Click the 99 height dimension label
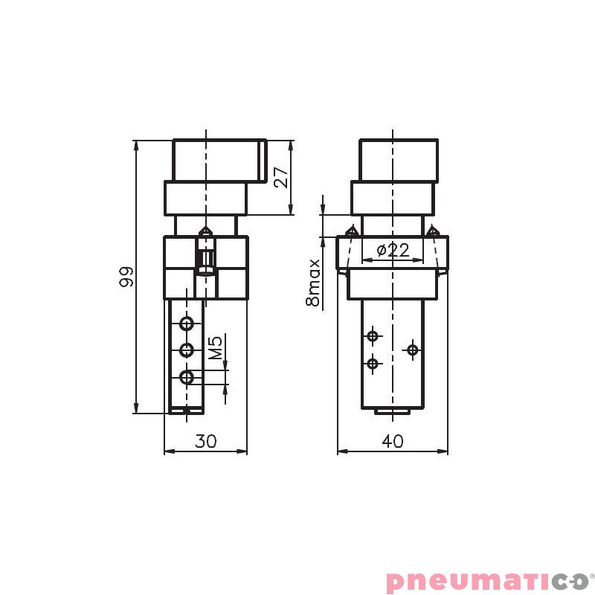point(126,276)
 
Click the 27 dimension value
point(280,177)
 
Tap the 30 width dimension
point(205,441)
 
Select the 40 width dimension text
point(392,441)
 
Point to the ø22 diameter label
point(393,251)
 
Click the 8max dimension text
point(313,283)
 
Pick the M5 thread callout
point(215,348)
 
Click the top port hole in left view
point(187,323)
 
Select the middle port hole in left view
point(187,350)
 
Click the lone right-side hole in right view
point(413,349)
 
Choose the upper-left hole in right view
point(373,336)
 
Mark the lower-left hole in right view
point(373,364)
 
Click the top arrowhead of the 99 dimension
point(136,145)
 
